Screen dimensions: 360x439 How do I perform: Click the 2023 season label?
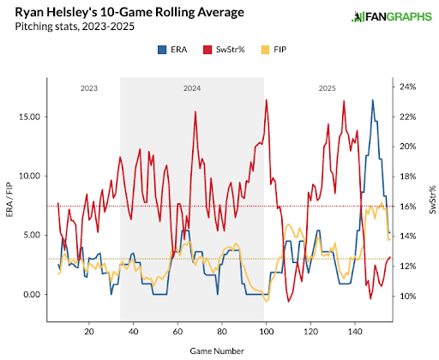tap(89, 88)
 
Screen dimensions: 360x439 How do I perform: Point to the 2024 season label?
tap(192, 88)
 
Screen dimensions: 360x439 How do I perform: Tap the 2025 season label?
tap(326, 88)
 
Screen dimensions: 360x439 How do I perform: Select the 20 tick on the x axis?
tap(89, 331)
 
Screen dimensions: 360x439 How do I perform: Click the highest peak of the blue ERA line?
tap(373, 100)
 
